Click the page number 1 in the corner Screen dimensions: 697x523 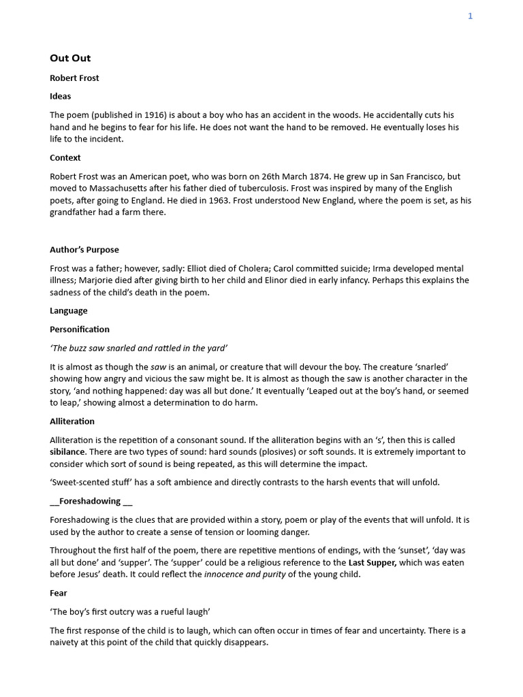tap(470, 16)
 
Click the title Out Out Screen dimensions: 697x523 tap(70, 59)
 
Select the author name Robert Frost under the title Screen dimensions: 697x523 tap(74, 78)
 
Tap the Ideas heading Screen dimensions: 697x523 tap(60, 97)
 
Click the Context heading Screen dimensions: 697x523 tap(65, 158)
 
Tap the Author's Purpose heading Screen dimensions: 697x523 tap(84, 250)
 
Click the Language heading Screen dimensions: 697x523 tap(69, 311)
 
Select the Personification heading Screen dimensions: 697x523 tap(80, 329)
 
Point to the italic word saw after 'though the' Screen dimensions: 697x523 tap(159, 367)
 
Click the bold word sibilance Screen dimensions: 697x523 tap(67, 452)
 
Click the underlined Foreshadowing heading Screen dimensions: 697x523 tap(91, 502)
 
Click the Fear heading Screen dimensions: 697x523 tap(59, 594)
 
